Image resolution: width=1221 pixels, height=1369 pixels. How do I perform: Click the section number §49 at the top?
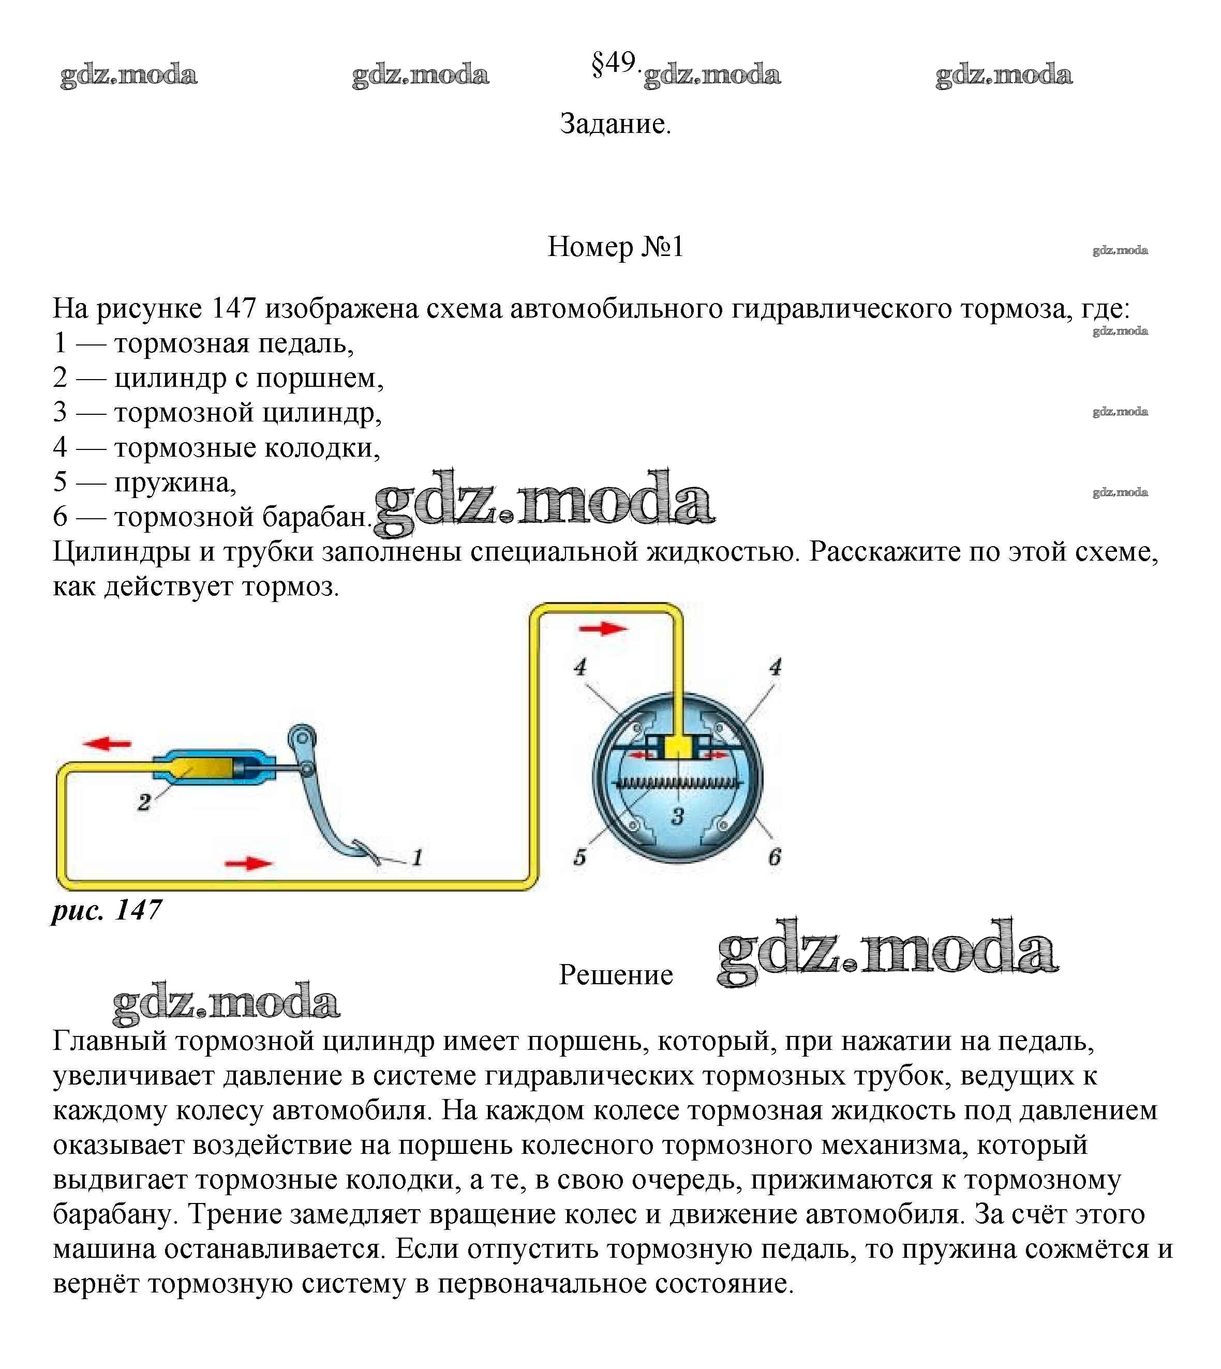pyautogui.click(x=613, y=64)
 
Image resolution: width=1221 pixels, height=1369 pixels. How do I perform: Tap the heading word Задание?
pyautogui.click(x=615, y=124)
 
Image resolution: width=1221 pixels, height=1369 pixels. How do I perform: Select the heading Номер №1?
pyautogui.click(x=615, y=247)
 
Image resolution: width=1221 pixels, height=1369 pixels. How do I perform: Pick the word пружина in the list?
pyautogui.click(x=174, y=482)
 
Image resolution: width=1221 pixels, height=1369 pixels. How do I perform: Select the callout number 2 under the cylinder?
pyautogui.click(x=143, y=802)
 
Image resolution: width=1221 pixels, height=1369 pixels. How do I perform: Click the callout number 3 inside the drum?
pyautogui.click(x=678, y=816)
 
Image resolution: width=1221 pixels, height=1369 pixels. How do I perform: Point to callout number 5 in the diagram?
pyautogui.click(x=579, y=857)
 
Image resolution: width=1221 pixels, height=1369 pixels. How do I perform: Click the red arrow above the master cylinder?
pyautogui.click(x=107, y=743)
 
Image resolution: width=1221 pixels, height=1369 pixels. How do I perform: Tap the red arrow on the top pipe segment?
pyautogui.click(x=602, y=628)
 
